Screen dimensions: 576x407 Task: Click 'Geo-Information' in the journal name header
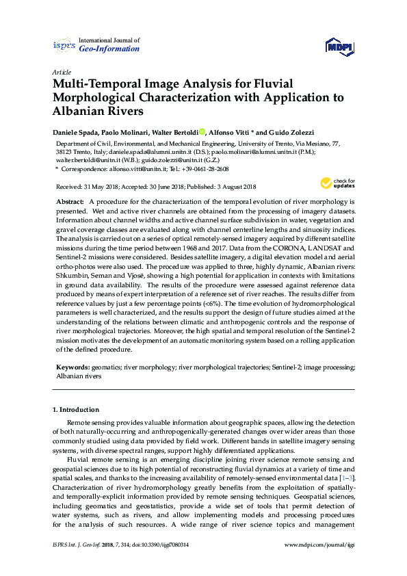(109, 49)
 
